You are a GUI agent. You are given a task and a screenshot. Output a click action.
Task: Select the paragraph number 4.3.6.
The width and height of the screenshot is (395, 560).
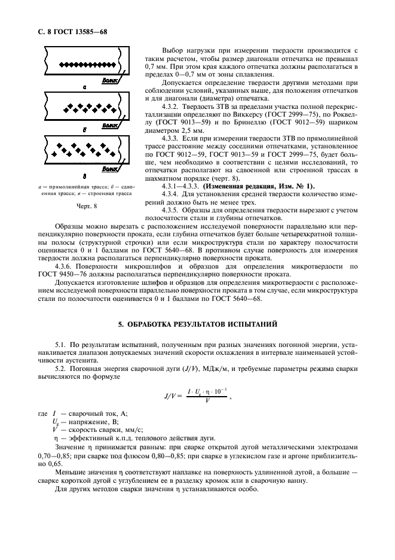[65, 266]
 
